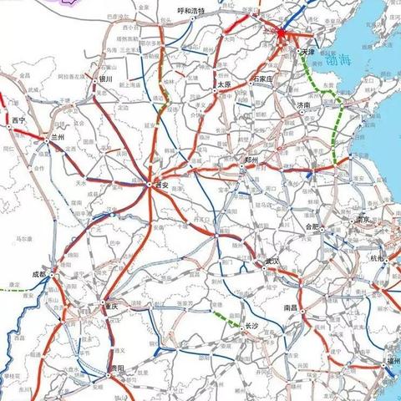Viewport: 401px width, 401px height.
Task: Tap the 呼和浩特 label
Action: pos(192,11)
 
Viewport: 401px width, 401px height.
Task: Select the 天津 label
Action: pos(307,52)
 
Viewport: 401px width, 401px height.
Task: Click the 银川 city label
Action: pos(105,79)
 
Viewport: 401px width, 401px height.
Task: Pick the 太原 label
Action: pos(222,84)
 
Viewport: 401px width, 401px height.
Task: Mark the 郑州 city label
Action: pos(254,160)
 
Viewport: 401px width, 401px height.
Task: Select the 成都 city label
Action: pos(39,273)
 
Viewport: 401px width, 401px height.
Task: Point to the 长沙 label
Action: pos(254,327)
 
